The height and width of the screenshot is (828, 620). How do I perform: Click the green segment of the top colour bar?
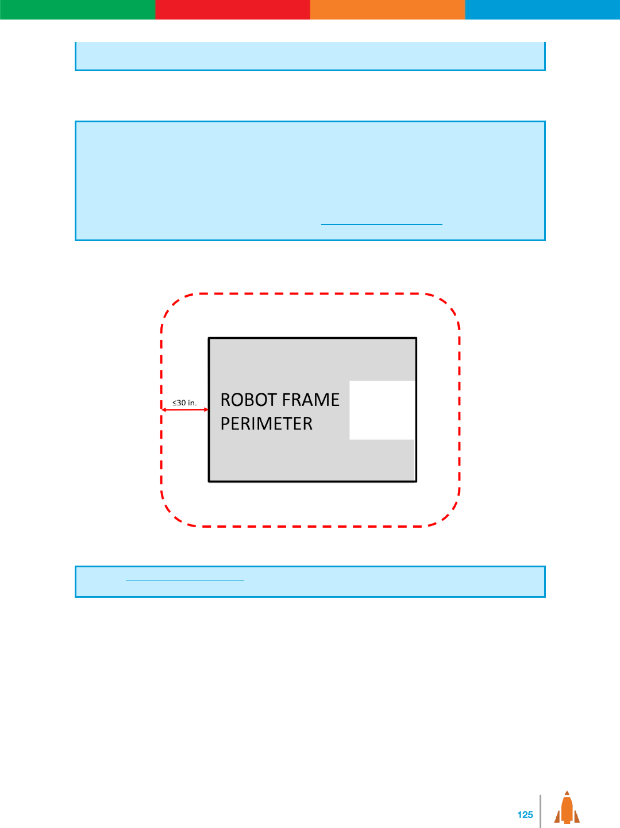tap(78, 9)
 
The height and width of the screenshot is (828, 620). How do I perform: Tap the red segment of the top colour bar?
tap(232, 9)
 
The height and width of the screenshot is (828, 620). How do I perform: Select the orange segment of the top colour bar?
tap(387, 9)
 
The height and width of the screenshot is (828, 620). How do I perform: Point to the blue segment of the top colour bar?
tap(542, 9)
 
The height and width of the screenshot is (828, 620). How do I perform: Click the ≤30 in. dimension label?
tap(184, 403)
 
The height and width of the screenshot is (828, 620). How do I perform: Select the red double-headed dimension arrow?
tap(185, 410)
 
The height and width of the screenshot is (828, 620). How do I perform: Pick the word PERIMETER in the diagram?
tap(267, 424)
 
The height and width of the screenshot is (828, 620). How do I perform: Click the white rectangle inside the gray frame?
tap(382, 410)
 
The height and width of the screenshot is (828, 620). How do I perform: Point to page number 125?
tap(525, 815)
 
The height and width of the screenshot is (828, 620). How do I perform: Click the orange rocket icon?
tap(567, 808)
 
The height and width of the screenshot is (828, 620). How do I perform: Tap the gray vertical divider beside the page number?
tap(540, 811)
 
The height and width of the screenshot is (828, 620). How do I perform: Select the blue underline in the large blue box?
tap(382, 224)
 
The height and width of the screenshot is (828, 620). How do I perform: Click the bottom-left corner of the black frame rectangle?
tap(209, 481)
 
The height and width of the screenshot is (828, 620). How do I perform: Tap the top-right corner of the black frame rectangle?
tap(416, 338)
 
